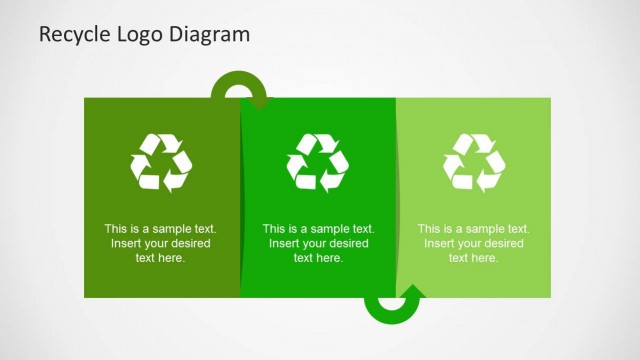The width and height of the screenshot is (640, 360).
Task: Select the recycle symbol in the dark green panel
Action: [x=161, y=161]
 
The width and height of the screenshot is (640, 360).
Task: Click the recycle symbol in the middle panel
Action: [x=318, y=161]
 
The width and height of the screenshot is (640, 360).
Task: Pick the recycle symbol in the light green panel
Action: [x=474, y=161]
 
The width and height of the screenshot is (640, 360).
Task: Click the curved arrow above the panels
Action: [x=239, y=87]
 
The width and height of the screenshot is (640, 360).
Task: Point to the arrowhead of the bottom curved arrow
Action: [x=412, y=293]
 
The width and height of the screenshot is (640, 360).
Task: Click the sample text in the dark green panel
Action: [x=161, y=243]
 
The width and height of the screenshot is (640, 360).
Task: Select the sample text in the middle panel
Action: [x=318, y=243]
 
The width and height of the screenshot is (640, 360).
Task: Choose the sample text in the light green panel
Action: [x=474, y=243]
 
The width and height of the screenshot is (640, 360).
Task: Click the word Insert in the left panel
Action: [x=126, y=243]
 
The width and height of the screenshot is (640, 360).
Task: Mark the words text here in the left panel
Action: [x=161, y=258]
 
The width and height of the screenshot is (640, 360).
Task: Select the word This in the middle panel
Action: [x=274, y=229]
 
